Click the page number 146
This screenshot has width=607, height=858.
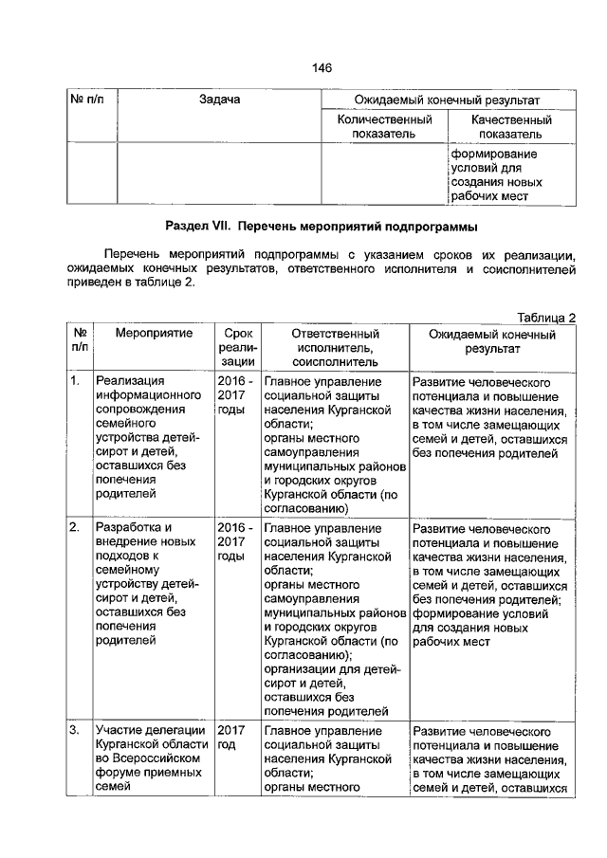(x=321, y=67)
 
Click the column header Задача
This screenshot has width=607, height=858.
(x=219, y=100)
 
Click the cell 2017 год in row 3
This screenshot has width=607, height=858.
(x=232, y=739)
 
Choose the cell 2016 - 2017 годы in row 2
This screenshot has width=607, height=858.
(x=234, y=541)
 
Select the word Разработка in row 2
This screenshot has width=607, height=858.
(x=133, y=527)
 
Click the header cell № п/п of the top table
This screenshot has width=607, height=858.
(x=91, y=100)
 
